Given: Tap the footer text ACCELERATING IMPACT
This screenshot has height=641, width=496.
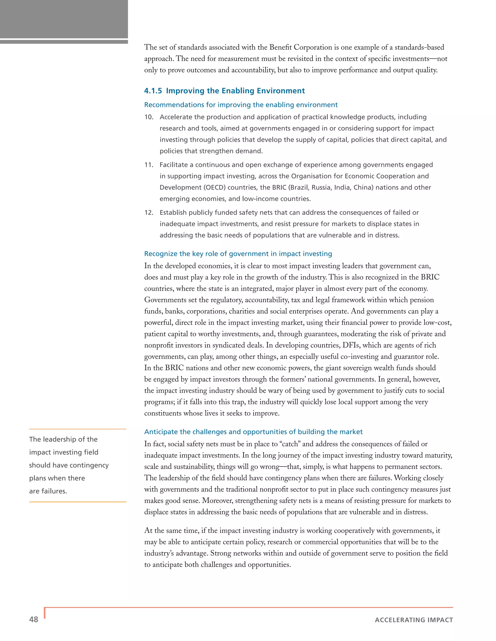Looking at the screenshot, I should pos(414,620).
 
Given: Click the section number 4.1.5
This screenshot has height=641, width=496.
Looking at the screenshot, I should pos(153,91).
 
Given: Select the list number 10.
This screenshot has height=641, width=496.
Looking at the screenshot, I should pos(149,117).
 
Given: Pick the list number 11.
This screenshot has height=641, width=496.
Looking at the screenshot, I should pos(149,165).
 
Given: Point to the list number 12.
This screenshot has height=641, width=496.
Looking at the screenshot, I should pos(149,212).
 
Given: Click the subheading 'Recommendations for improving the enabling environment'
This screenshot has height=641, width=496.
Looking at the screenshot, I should pos(241,105).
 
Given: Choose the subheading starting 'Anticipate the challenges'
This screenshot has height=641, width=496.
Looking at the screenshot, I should pos(253,432).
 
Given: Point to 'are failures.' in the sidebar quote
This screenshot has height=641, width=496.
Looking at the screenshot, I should pos(48,491).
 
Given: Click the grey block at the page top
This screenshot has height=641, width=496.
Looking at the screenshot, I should pos(64,19).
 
